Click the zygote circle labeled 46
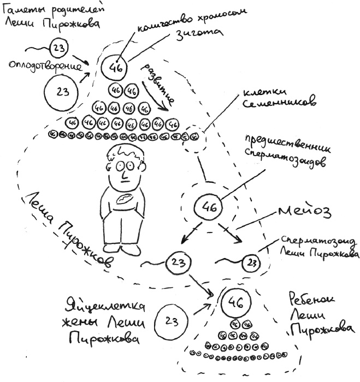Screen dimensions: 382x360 point(115,68)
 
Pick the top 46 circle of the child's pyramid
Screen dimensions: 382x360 point(235,302)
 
